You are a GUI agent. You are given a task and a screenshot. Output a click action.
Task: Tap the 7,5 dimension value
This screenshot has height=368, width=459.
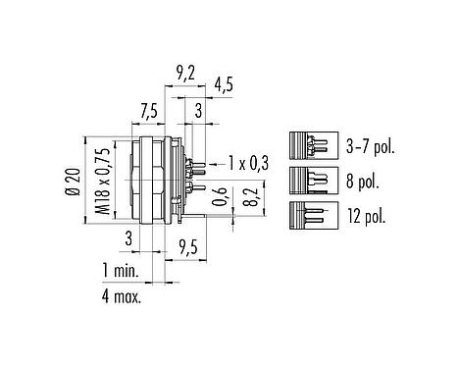[148, 111]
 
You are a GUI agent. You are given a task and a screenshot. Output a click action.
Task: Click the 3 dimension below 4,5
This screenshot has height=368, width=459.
[199, 111]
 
